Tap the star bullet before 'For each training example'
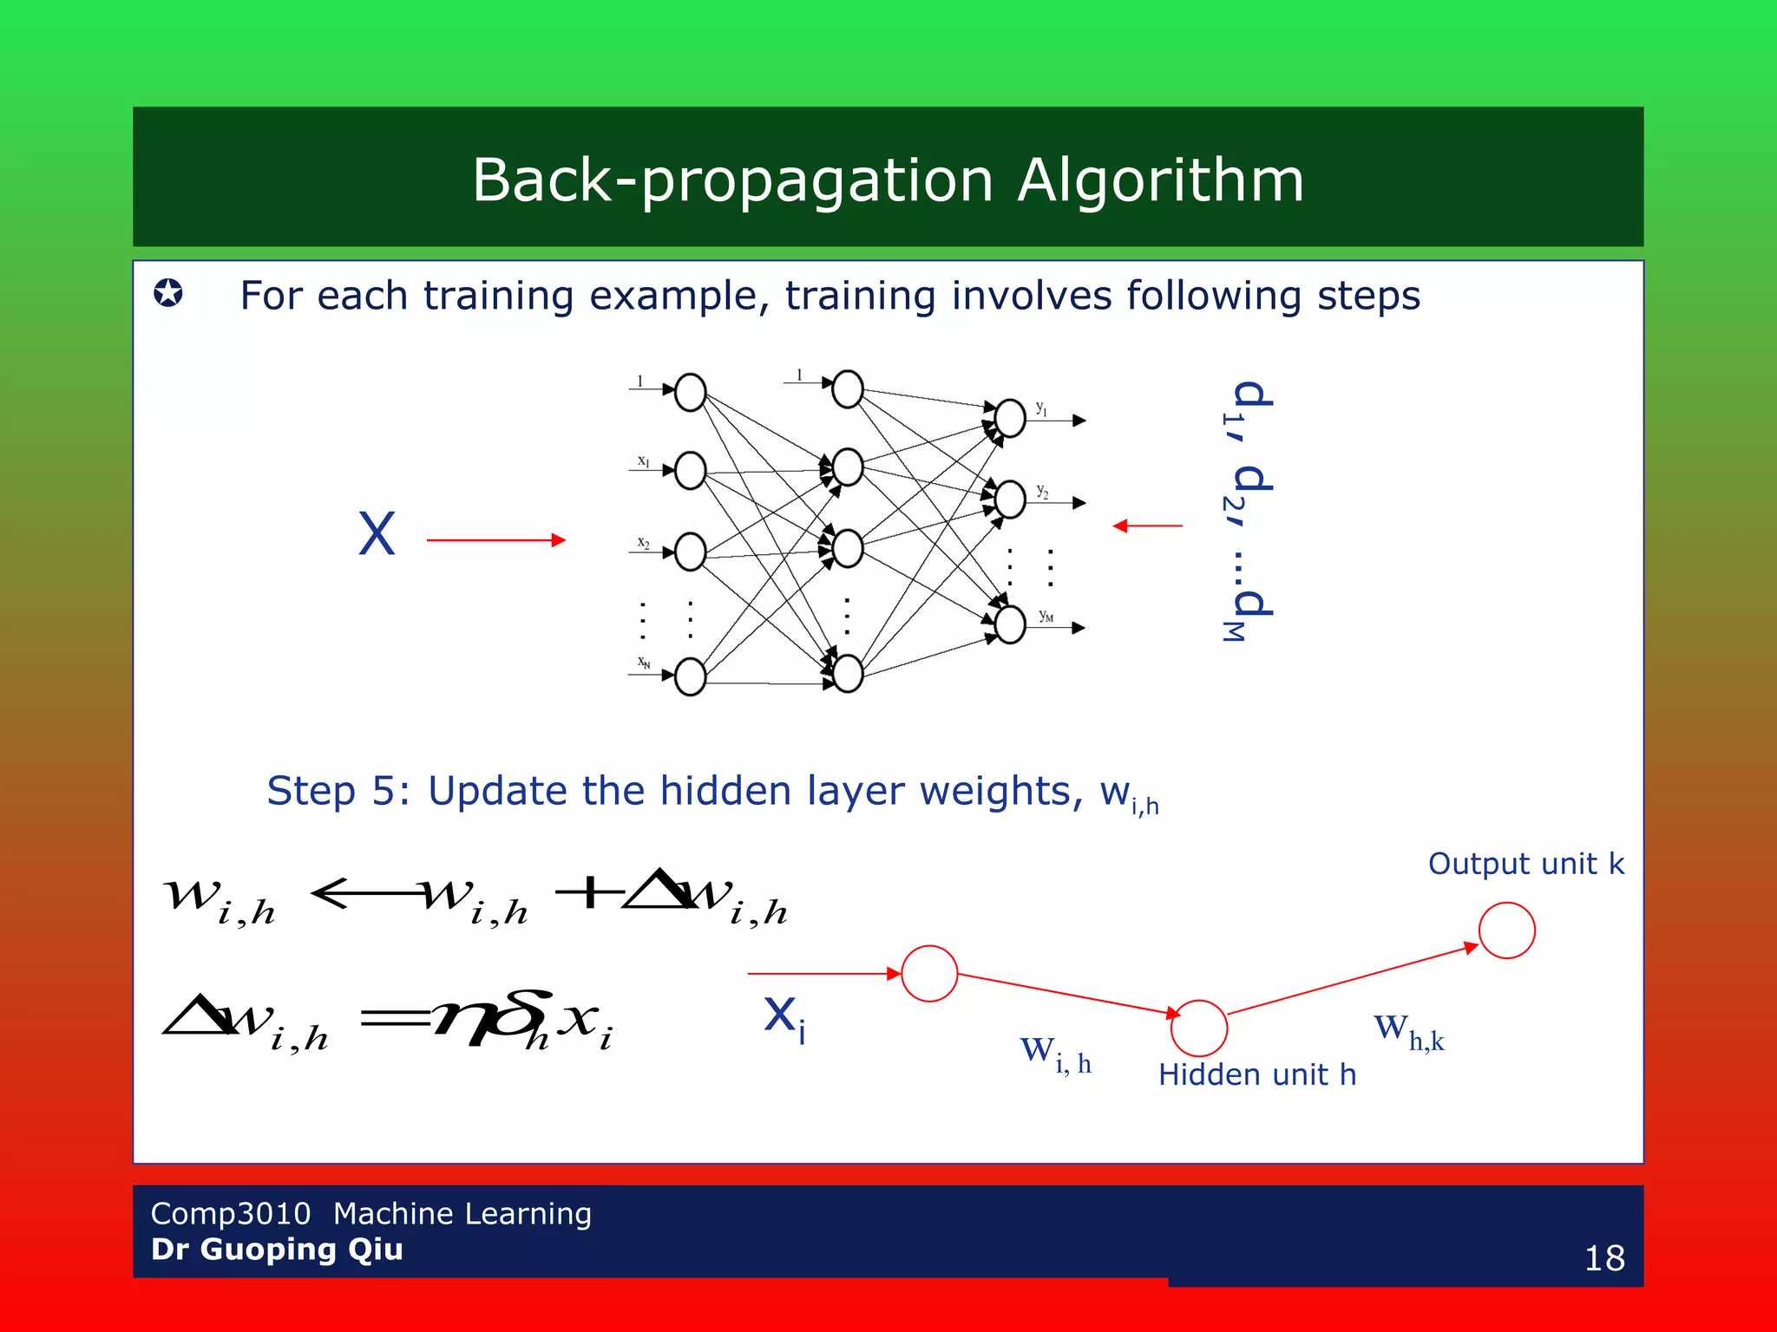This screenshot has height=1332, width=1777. (x=168, y=293)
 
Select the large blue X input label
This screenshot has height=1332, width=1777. (x=377, y=534)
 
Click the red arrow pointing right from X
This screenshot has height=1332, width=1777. (x=496, y=540)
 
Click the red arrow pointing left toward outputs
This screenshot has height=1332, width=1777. (x=1147, y=526)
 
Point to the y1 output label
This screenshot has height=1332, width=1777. (x=1041, y=408)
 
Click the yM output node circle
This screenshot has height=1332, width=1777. (x=1010, y=624)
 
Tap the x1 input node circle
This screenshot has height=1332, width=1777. (x=690, y=471)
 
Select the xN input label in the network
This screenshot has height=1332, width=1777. (x=644, y=663)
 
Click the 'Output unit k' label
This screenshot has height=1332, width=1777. (x=1525, y=864)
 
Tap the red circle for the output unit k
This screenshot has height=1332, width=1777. (x=1506, y=930)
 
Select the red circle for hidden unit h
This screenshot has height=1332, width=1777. (x=1198, y=1028)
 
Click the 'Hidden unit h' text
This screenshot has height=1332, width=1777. (x=1256, y=1075)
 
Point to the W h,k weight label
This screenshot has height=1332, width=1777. (x=1407, y=1032)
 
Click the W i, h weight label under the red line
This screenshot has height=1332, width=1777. (x=1054, y=1054)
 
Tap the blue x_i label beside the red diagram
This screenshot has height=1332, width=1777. (x=784, y=1016)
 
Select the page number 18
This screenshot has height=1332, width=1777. (x=1603, y=1258)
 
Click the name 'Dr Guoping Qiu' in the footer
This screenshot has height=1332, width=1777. (x=277, y=1250)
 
